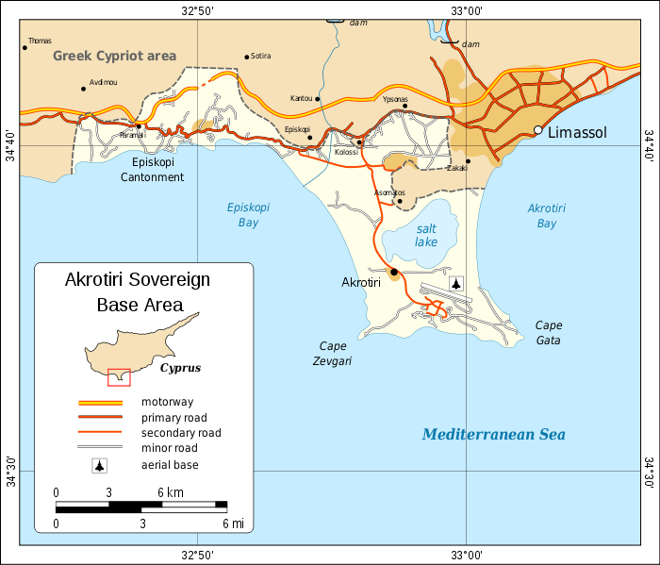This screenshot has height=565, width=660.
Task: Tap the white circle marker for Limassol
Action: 538,130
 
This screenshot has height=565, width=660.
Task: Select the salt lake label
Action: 426,235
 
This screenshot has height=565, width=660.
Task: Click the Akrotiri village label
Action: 360,282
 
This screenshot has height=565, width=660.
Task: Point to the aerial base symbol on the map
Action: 457,283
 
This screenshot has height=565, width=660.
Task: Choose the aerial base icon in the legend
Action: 99,465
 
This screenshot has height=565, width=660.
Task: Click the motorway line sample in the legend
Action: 99,403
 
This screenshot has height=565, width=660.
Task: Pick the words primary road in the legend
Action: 174,418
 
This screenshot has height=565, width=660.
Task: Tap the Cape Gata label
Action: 550,332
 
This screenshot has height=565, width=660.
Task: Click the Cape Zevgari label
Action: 333,353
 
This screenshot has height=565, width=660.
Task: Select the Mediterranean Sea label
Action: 493,435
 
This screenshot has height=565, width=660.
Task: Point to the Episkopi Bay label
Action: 243,215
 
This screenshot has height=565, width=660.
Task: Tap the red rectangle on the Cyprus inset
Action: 118,376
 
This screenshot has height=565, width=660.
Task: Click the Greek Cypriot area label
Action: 114,57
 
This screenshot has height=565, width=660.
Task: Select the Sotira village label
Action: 261,57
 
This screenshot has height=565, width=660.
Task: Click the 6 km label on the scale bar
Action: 171,492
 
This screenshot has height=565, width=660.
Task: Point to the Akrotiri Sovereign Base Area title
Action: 138,292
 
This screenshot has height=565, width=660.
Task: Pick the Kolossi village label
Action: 346,152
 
